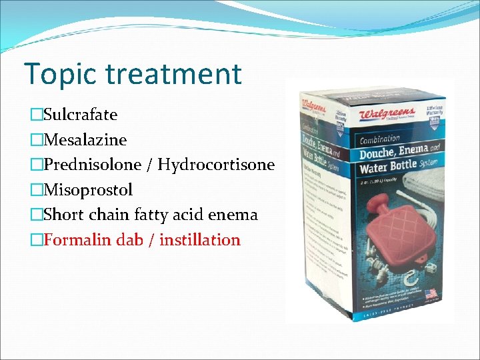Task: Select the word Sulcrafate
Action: [80, 115]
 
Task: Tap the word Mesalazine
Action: [85, 140]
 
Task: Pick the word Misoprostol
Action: [88, 190]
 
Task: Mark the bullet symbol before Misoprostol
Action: [36, 190]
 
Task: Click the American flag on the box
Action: [431, 293]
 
